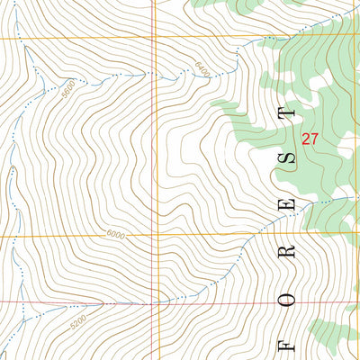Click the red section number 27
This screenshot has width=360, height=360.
[x=310, y=139]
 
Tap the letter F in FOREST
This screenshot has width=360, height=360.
[x=288, y=344]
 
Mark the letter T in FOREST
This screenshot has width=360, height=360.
[x=288, y=113]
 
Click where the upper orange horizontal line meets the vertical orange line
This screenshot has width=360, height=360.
[x=154, y=38]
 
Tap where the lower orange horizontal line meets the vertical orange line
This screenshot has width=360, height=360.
[x=154, y=237]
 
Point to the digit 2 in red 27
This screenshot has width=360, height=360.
[x=306, y=139]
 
